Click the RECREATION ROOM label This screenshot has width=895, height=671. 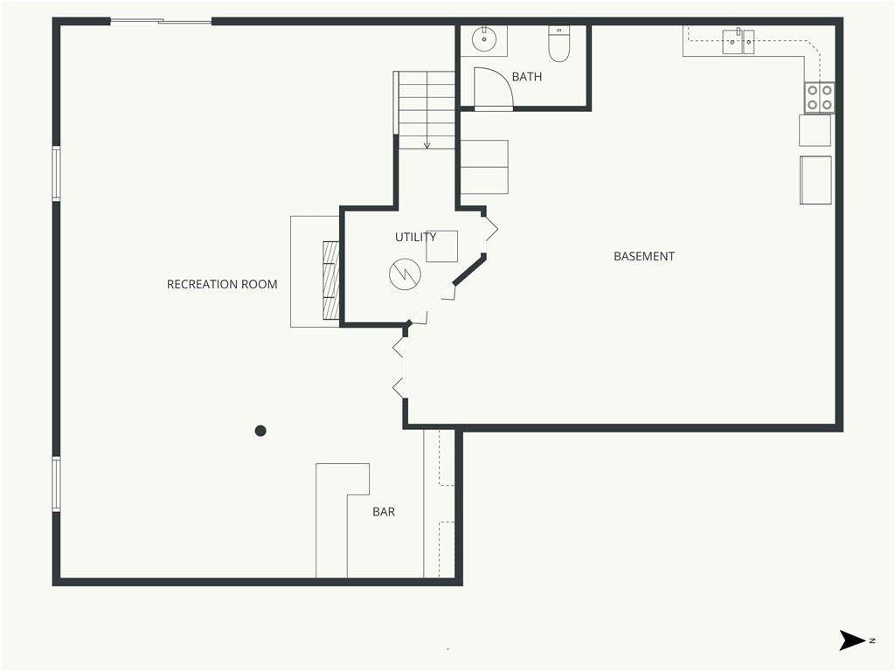(x=222, y=284)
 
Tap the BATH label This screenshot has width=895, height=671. (x=527, y=77)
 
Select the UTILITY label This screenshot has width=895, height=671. (x=415, y=237)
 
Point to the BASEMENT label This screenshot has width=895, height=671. (x=644, y=256)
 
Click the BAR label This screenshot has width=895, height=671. (x=384, y=512)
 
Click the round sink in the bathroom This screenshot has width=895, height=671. (x=484, y=39)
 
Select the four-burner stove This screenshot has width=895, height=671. (x=819, y=98)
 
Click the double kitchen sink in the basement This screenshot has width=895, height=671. (x=738, y=42)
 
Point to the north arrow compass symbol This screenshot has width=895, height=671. (x=851, y=640)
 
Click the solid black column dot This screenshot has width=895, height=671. (x=260, y=431)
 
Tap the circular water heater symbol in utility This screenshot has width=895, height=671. (x=405, y=273)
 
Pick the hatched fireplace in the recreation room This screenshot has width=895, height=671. (x=331, y=280)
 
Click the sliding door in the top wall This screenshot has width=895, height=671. (x=161, y=22)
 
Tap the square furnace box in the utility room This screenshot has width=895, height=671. (x=441, y=246)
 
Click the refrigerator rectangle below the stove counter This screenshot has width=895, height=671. (x=815, y=180)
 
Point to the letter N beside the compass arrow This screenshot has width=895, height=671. (x=872, y=640)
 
